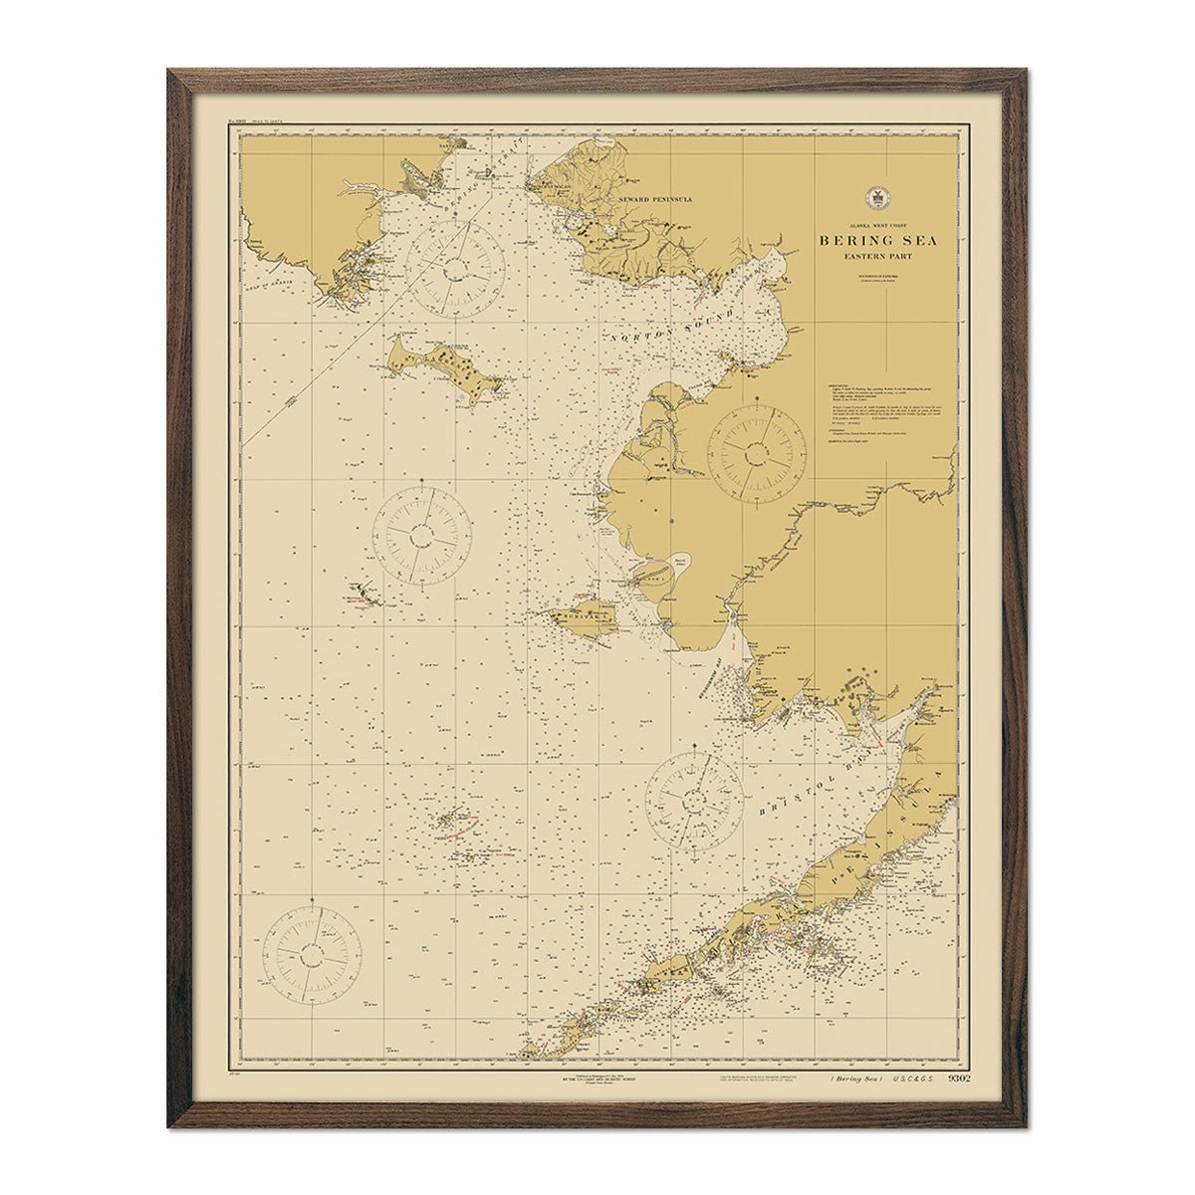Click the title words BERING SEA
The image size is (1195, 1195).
pyautogui.click(x=877, y=240)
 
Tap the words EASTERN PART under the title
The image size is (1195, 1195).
pyautogui.click(x=877, y=257)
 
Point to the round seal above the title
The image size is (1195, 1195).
pyautogui.click(x=877, y=198)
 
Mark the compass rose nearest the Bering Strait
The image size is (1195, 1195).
pyautogui.click(x=456, y=265)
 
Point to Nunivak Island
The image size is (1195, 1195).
pyautogui.click(x=585, y=619)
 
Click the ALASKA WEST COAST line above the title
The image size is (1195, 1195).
pyautogui.click(x=877, y=226)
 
